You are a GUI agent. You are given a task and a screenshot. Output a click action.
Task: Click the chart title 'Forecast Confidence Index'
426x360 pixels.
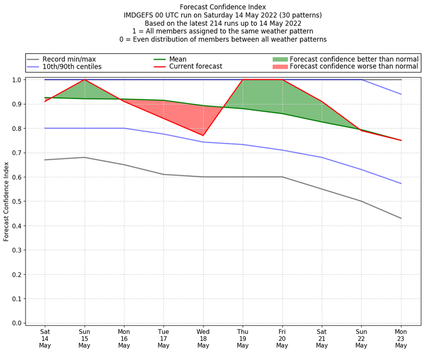(223, 7)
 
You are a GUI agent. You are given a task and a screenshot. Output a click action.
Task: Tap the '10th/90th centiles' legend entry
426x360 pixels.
(72, 67)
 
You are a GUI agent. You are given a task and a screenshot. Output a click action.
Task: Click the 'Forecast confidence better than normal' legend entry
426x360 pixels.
(354, 59)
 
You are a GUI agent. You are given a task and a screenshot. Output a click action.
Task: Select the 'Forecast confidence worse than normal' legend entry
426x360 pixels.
(354, 67)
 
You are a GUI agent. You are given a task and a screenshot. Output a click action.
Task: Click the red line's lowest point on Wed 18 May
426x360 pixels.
(203, 135)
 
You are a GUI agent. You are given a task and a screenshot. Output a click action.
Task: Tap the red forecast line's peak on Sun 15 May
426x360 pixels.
(84, 80)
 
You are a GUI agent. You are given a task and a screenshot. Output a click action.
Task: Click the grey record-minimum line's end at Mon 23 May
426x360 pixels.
(401, 218)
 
